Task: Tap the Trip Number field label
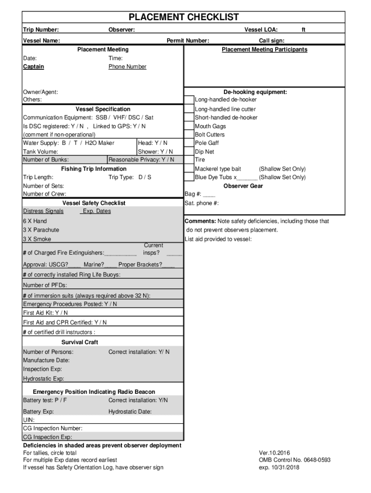coord(41,30)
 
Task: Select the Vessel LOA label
coord(261,30)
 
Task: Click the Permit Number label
coord(187,41)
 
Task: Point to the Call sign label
coord(271,41)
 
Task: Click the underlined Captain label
coord(33,67)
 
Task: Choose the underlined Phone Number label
coord(127,67)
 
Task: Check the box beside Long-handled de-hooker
coord(189,100)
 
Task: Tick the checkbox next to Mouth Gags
coord(189,126)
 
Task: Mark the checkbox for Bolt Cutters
coord(189,135)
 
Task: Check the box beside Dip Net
coord(189,152)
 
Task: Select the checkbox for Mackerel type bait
coord(189,169)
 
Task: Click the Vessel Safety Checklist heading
coord(94,203)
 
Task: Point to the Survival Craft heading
coord(79,342)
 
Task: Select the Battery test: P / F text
coord(45,401)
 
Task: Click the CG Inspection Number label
coord(53,428)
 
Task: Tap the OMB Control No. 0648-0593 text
coord(294,460)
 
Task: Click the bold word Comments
coord(200,221)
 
